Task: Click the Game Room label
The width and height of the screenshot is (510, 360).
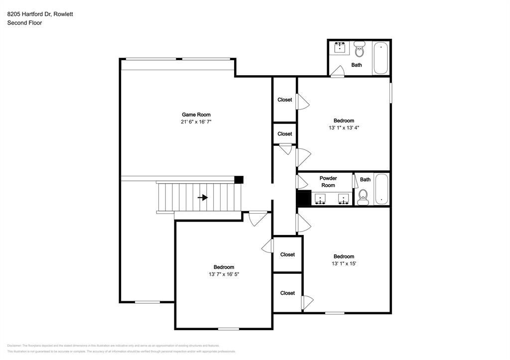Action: tap(196, 115)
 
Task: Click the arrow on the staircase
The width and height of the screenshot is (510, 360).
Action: tap(203, 198)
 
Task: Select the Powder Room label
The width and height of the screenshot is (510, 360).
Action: tap(328, 182)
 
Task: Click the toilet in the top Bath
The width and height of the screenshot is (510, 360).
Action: tap(360, 49)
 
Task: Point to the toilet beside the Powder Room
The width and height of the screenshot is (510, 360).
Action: tap(363, 197)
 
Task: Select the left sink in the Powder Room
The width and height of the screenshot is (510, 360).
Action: tap(320, 199)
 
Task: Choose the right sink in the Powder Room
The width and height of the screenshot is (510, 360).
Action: tap(343, 199)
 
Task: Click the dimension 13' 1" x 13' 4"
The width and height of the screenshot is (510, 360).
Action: tap(344, 127)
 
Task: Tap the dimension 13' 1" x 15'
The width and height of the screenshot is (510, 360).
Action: tap(344, 263)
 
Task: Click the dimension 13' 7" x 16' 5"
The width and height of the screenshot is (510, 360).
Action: tap(224, 274)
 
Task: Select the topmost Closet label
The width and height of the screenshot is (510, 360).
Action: tap(285, 100)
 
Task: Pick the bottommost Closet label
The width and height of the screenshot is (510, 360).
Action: tap(287, 293)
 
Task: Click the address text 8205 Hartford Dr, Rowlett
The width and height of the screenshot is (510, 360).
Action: tap(40, 14)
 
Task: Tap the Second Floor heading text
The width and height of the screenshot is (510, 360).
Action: tap(24, 23)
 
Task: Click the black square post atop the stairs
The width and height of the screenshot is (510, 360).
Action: tap(239, 180)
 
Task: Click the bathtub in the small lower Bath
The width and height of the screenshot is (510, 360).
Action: tap(382, 189)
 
